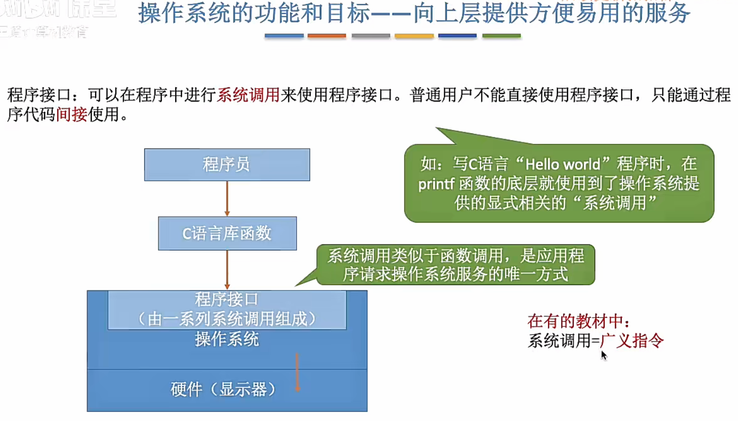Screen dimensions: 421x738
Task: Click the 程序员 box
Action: tap(227, 165)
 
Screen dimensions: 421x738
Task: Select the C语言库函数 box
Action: tap(227, 233)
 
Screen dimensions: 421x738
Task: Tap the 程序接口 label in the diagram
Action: tap(227, 300)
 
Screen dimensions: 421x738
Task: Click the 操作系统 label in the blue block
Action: tap(227, 339)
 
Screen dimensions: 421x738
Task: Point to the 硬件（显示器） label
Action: tap(227, 390)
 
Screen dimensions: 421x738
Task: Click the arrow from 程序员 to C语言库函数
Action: tap(227, 198)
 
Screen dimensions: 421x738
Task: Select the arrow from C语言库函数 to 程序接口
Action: tap(227, 269)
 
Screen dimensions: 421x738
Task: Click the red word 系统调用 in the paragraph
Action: tap(248, 96)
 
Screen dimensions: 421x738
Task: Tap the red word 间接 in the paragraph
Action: tap(72, 114)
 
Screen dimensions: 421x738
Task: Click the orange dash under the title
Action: tap(327, 36)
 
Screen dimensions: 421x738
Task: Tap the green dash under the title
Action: tap(501, 36)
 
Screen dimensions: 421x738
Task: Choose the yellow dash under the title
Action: tap(414, 36)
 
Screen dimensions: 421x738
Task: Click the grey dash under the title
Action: tap(371, 36)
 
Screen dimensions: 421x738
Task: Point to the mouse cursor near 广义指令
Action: tap(603, 354)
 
